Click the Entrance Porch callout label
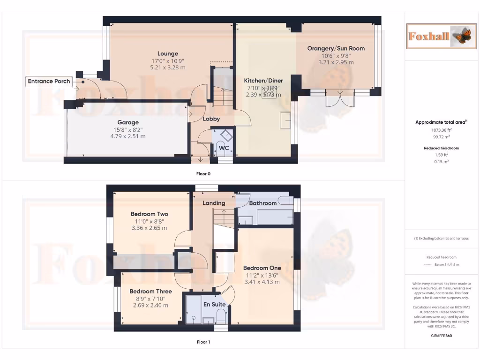point(49,82)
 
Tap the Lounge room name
point(167,53)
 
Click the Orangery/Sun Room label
point(336,48)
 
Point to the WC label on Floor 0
point(224,148)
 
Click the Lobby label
point(211,119)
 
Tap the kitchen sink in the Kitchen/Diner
point(285,120)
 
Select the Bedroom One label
point(262,268)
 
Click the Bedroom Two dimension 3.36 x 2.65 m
point(149,228)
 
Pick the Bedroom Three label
point(150,291)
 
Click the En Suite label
point(214,304)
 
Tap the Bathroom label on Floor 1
point(262,203)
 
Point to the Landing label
point(214,203)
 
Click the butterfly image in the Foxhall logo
point(463,36)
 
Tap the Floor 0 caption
point(203,173)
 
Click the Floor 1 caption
point(203,342)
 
